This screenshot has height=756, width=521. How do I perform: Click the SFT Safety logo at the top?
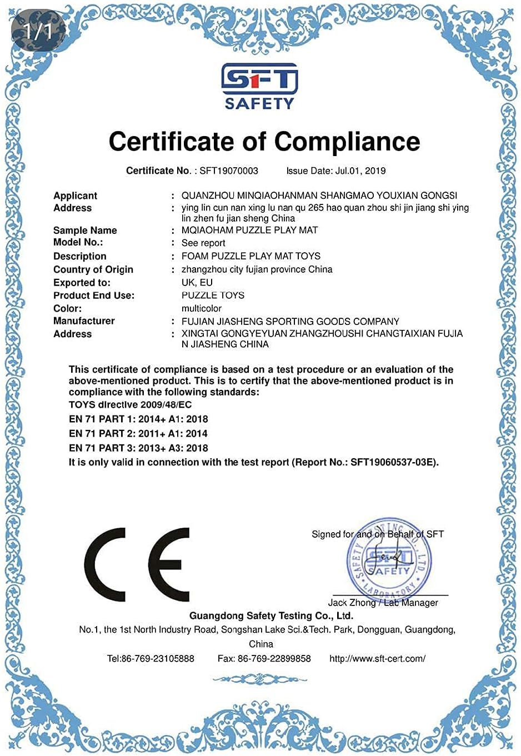click(x=259, y=86)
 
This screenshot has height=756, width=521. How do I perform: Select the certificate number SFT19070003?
click(x=229, y=171)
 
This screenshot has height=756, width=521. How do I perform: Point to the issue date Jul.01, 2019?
click(x=360, y=171)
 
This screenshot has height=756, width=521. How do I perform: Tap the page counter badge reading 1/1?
click(x=37, y=31)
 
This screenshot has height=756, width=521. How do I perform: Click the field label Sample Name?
click(x=85, y=230)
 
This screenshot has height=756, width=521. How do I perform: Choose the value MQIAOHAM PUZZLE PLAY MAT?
click(x=249, y=230)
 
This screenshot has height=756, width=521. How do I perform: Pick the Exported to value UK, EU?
click(x=197, y=282)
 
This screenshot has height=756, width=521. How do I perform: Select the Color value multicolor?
click(x=201, y=308)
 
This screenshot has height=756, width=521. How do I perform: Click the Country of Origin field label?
click(x=93, y=269)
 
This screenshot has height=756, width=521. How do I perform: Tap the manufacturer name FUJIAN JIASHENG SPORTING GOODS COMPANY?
click(x=290, y=321)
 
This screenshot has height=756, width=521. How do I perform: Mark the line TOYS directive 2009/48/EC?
click(x=130, y=404)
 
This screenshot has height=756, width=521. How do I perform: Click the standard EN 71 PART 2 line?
click(x=138, y=433)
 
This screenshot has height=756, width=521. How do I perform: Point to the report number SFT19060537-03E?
click(x=394, y=462)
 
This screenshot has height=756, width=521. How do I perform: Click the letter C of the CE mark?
click(x=106, y=564)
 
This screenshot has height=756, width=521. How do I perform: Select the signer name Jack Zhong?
click(x=352, y=603)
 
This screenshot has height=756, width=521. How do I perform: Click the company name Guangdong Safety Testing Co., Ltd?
click(x=271, y=615)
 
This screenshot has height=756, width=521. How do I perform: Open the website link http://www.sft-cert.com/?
click(x=377, y=658)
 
